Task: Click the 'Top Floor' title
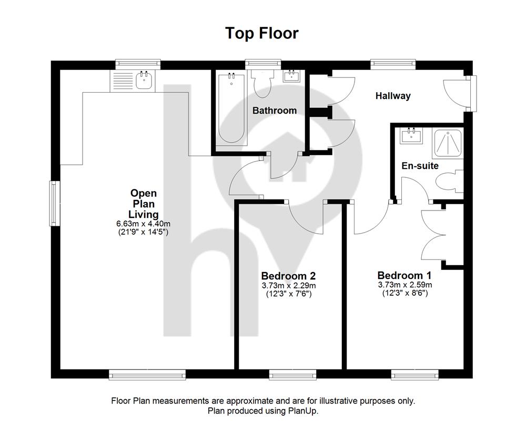click(x=261, y=33)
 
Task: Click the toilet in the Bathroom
click(x=263, y=84)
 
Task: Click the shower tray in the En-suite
click(x=448, y=143)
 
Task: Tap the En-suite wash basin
click(x=411, y=136)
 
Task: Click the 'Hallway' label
click(x=393, y=96)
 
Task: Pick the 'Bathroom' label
click(x=275, y=111)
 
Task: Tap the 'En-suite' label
click(x=420, y=166)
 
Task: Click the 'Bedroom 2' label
click(x=288, y=276)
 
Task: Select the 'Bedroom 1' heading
click(x=404, y=275)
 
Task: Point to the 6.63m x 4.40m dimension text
click(x=143, y=224)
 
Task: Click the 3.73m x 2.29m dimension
click(x=288, y=286)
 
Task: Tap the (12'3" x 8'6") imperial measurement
click(x=405, y=293)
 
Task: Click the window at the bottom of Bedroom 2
click(x=292, y=374)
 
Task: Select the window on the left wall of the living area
click(x=55, y=204)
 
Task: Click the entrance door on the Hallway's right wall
click(x=460, y=93)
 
